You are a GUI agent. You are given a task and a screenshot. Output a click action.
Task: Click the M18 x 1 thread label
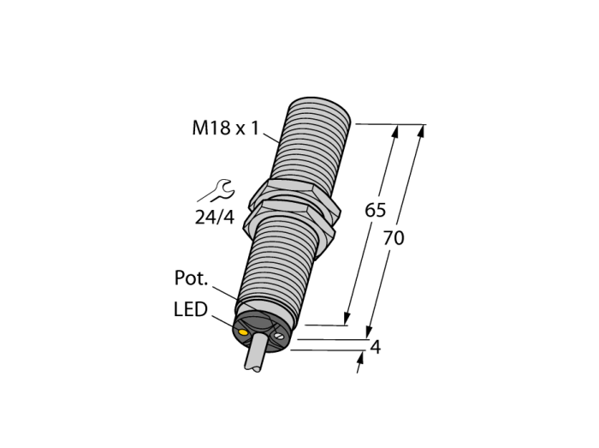pos(225,128)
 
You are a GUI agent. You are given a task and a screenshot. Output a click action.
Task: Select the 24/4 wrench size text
pos(214,218)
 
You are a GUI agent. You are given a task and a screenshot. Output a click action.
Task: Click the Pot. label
pos(191,278)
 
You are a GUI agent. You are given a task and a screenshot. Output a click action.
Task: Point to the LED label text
pos(190,309)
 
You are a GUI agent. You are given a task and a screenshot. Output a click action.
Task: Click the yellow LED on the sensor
pos(242,332)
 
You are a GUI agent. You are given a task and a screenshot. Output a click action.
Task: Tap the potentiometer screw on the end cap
pos(279,336)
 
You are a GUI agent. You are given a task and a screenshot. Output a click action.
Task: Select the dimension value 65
pos(375,210)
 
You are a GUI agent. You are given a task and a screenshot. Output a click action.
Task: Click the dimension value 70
pos(393,238)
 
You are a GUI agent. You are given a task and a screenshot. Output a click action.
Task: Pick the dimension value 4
pos(376,348)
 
